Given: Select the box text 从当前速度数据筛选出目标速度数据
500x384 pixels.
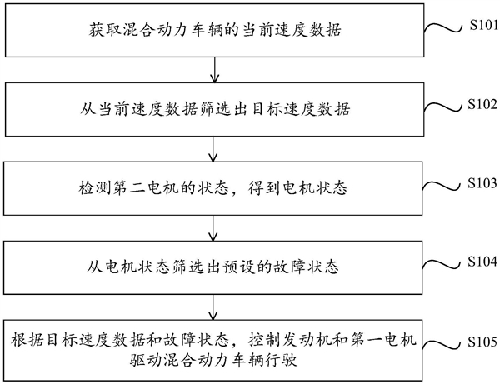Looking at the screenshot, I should point(217,109).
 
